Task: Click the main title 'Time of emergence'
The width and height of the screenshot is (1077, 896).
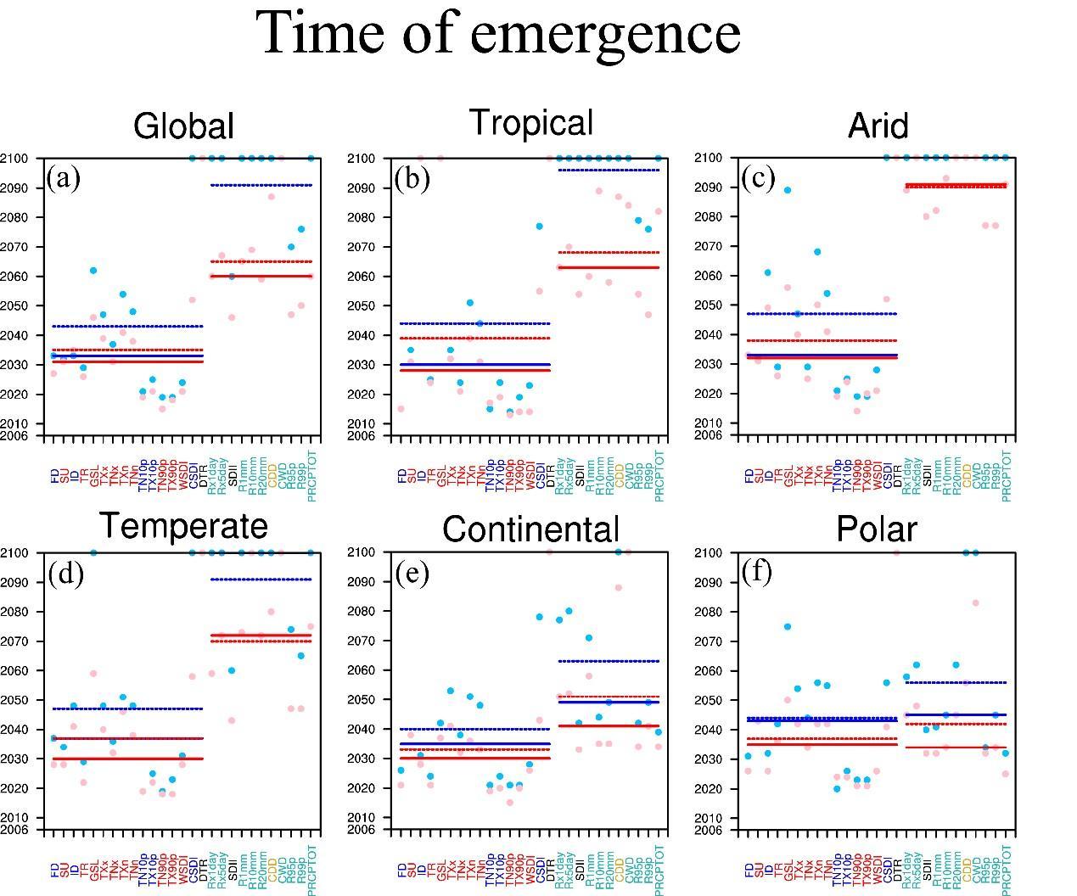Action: [x=499, y=32]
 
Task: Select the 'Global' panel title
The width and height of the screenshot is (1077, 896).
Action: [x=183, y=126]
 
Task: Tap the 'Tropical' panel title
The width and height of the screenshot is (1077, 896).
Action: [x=530, y=122]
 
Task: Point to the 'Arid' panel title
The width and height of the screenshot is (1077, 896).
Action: [x=878, y=126]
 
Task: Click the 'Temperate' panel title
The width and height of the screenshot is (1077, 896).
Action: [x=183, y=526]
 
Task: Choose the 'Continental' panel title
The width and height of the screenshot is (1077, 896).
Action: [x=530, y=529]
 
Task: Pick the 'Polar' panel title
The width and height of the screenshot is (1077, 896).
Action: [x=877, y=529]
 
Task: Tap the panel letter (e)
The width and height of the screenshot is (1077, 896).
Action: [x=412, y=573]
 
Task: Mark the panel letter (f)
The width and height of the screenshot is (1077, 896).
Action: [x=758, y=572]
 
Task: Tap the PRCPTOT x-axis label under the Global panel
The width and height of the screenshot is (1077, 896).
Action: [x=311, y=476]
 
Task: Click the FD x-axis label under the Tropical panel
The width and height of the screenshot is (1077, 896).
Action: [x=402, y=476]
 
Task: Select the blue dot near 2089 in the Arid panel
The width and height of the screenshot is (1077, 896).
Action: [x=788, y=190]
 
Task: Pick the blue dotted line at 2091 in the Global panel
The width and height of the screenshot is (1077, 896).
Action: [x=261, y=185]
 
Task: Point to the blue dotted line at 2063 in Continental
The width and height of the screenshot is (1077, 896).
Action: [x=609, y=661]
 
